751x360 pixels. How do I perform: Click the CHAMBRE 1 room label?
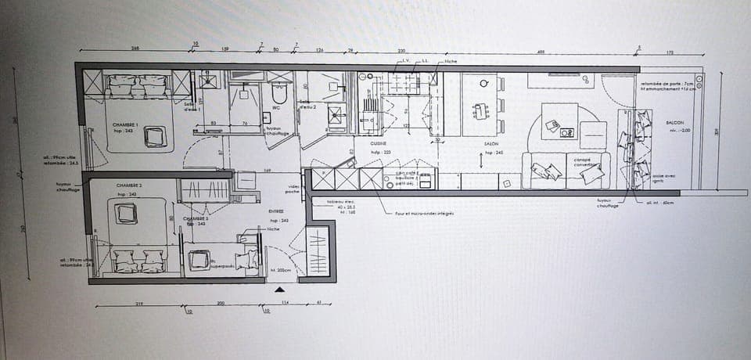(x=125, y=125)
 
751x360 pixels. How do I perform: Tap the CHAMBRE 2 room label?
(x=126, y=188)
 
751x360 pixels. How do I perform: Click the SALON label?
(x=492, y=144)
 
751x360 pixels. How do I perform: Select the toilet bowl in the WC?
(x=279, y=93)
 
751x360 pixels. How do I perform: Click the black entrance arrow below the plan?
(x=280, y=290)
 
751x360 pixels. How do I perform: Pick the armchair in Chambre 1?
(x=155, y=136)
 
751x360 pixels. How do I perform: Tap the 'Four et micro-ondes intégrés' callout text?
(x=425, y=213)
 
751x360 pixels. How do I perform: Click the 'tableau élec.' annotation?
(x=325, y=202)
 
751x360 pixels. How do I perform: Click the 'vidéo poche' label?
(x=293, y=189)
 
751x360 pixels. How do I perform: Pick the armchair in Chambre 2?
(x=125, y=213)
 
